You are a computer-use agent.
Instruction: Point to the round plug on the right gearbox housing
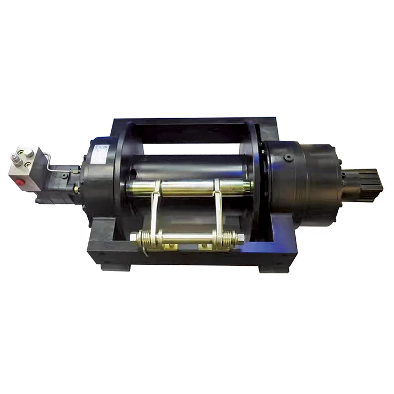[288, 158]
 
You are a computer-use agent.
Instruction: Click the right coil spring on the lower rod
[227, 239]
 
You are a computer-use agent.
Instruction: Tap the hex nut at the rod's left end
[133, 237]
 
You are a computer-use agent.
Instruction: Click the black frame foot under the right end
[273, 266]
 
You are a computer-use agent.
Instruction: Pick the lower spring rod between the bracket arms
[186, 240]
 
